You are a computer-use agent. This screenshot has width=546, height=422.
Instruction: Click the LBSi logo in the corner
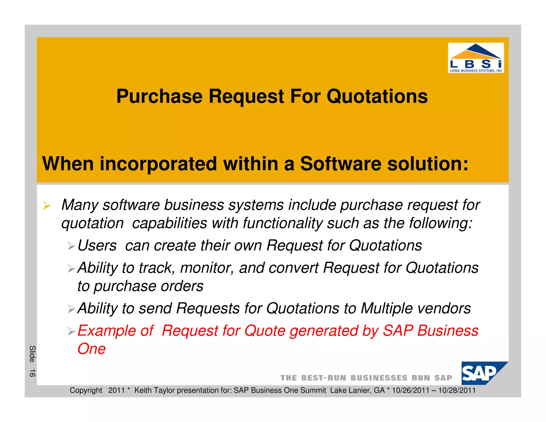476,58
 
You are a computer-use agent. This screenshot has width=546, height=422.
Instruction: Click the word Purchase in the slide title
159,97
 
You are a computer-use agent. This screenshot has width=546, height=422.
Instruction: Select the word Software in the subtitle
340,164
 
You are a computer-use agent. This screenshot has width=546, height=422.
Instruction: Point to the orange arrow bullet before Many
47,206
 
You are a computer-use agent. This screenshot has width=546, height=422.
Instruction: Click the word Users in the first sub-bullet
97,245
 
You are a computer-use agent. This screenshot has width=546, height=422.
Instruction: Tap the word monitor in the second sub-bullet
207,268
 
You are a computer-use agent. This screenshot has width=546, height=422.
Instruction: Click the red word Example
115,331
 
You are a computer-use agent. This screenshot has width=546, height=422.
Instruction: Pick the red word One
91,349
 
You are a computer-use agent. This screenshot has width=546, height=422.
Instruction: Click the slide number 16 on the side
32,373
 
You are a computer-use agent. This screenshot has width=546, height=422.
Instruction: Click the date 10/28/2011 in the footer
457,391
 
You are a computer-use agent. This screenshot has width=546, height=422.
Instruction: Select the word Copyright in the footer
86,391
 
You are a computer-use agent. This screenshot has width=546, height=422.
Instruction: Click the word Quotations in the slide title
377,97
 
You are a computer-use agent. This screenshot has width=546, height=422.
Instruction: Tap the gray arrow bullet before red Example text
71,332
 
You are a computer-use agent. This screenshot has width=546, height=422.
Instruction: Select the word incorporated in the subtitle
158,164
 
